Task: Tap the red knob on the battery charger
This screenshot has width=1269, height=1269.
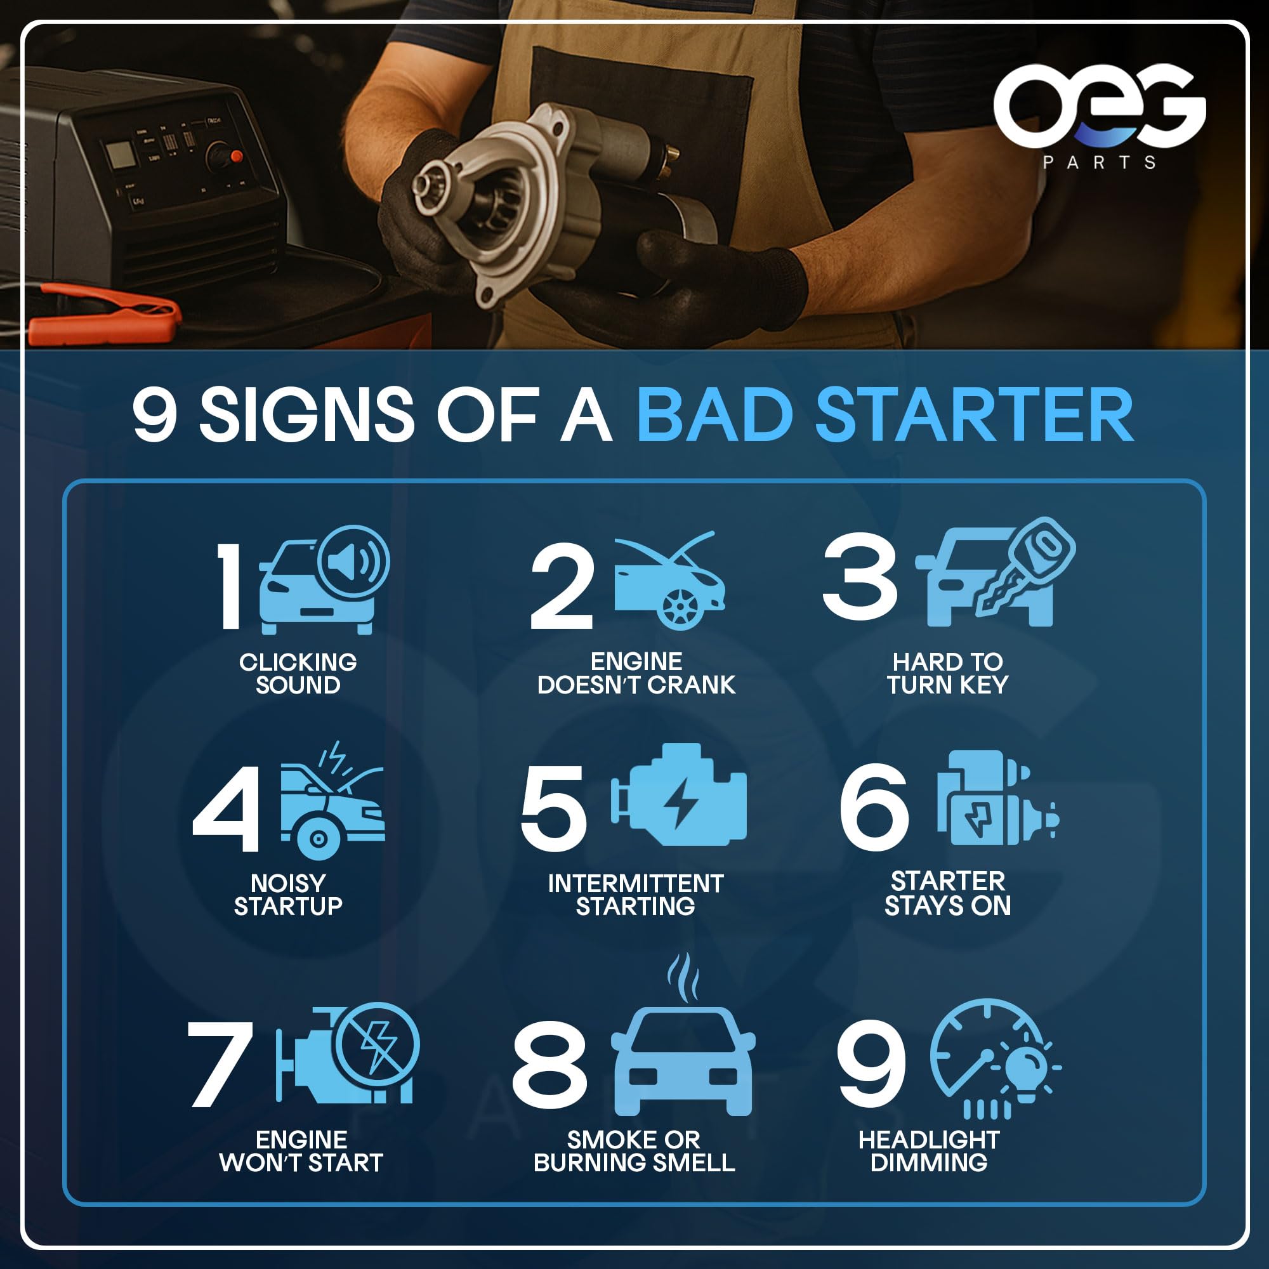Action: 237,156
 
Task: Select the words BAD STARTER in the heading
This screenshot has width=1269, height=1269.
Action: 884,416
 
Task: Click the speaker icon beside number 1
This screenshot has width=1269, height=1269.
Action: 353,562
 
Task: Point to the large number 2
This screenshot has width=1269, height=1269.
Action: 562,586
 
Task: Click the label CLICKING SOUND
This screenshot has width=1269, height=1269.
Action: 298,673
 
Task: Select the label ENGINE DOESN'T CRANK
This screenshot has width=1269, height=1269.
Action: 636,673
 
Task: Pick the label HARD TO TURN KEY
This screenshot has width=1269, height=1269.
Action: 947,673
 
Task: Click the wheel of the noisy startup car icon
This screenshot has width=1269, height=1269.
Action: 319,839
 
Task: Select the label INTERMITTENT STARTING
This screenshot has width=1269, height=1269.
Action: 636,895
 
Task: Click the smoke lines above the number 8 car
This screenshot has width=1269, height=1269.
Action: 683,977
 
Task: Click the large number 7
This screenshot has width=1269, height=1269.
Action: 221,1063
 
